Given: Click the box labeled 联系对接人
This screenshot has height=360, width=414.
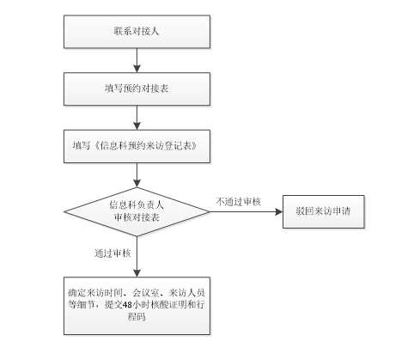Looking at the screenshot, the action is (137, 32).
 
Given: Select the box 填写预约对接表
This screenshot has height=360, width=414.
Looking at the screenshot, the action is (137, 88).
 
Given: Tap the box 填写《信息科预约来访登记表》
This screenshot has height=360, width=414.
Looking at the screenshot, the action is (137, 146).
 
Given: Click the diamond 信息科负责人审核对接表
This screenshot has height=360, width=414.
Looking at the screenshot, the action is (137, 212).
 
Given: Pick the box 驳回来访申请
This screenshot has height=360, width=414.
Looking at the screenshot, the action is (324, 211).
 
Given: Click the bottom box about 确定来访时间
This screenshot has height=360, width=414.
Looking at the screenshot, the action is (137, 306).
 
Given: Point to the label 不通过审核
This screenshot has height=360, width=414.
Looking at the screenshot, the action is (238, 202).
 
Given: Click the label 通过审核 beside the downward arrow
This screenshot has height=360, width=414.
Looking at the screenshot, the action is (113, 253).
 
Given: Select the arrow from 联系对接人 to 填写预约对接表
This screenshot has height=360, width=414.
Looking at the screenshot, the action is (137, 60).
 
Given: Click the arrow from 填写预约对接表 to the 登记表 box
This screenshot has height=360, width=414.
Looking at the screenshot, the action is (137, 118).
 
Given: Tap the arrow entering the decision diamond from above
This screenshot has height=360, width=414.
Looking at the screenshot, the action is (137, 175).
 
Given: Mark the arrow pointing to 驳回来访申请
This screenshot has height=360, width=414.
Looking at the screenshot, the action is (247, 212).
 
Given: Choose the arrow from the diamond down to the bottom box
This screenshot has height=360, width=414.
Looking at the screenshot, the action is (137, 257).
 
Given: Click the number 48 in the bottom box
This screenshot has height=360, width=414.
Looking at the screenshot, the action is (127, 305).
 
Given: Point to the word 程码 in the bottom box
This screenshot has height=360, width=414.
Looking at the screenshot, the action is (137, 317).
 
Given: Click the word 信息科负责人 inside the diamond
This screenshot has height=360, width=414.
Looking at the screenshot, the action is (137, 204).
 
